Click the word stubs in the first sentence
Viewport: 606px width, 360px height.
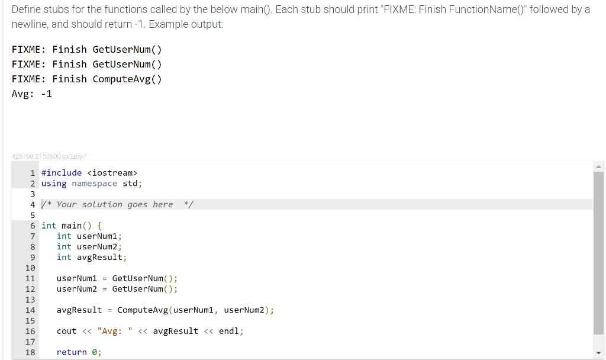pyautogui.click(x=56, y=9)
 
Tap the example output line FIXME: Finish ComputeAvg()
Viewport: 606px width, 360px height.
pyautogui.click(x=86, y=79)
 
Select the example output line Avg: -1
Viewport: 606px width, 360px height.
pyautogui.click(x=32, y=94)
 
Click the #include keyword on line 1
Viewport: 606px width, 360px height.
pyautogui.click(x=62, y=172)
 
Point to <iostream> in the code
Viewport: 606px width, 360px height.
pyautogui.click(x=112, y=172)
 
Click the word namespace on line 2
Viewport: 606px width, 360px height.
pyautogui.click(x=94, y=183)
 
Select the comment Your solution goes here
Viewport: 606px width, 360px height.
pyautogui.click(x=115, y=204)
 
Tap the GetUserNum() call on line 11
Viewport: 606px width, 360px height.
pyautogui.click(x=144, y=278)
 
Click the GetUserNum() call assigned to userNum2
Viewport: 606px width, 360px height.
pyautogui.click(x=144, y=289)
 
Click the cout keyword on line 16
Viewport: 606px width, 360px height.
pyautogui.click(x=66, y=331)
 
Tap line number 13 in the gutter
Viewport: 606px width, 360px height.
pyautogui.click(x=30, y=300)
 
